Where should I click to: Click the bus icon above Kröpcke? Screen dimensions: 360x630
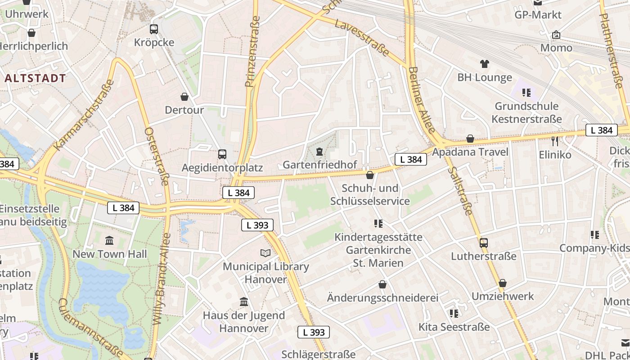coord(154,29)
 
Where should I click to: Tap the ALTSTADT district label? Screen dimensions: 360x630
coord(36,78)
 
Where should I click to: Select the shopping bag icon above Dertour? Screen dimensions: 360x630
coord(184,97)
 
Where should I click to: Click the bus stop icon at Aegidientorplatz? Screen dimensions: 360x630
coord(222,154)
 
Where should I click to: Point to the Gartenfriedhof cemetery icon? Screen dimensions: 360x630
coord(319,151)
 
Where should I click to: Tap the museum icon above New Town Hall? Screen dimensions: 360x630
coord(109,240)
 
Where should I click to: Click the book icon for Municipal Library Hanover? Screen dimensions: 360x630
coord(266,253)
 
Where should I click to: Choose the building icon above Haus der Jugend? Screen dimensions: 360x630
coord(244,301)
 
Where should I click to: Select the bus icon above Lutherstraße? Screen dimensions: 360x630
coord(484,243)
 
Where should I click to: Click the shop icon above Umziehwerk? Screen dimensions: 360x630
coord(503,283)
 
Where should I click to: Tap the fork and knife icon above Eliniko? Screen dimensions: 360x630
coord(555,141)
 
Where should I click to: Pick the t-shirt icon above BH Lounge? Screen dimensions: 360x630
coord(485,64)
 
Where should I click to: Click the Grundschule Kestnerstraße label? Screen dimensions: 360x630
coord(526,112)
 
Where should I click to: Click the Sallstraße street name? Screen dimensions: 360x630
coord(461,190)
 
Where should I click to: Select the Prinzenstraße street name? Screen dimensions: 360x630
coord(252,52)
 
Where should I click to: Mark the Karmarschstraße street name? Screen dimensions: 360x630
coord(83,115)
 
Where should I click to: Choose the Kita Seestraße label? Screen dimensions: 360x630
coord(454,327)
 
